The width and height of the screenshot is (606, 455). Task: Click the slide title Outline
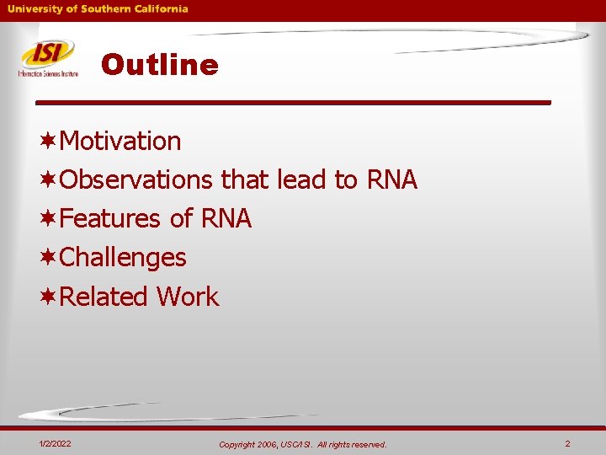click(159, 65)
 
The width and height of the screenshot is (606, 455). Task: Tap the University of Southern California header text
click(98, 9)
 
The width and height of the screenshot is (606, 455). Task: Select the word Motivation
click(120, 141)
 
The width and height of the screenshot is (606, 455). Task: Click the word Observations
click(136, 179)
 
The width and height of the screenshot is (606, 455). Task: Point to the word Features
click(110, 219)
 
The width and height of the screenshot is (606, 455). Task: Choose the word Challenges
click(123, 258)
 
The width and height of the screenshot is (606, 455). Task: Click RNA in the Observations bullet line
click(391, 179)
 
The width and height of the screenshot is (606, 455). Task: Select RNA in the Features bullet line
click(226, 219)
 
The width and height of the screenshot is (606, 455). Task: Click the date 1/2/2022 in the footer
click(55, 443)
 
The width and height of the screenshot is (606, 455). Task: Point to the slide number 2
click(567, 443)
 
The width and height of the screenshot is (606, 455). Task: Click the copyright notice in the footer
click(302, 444)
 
